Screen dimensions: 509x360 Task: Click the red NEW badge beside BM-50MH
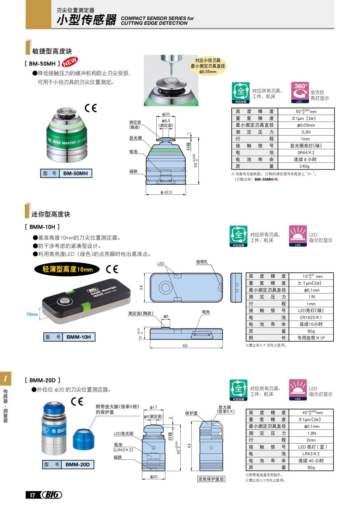[70, 62]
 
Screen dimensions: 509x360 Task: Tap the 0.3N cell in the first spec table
[306, 132]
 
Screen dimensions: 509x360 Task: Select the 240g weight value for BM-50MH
[304, 166]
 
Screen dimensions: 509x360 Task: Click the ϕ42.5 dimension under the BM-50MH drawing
[166, 192]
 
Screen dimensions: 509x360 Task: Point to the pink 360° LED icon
[300, 92]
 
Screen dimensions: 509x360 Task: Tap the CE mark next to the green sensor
[91, 108]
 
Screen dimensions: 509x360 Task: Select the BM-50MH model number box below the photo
[75, 173]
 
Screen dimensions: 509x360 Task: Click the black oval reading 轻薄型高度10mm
[67, 269]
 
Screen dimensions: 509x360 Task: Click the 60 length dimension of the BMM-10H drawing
[185, 346]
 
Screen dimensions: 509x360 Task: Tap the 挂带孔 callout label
[202, 262]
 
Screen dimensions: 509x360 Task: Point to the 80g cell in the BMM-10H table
[311, 331]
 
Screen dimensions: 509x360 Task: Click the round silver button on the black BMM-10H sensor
[64, 301]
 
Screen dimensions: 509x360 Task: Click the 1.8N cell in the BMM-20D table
[311, 433]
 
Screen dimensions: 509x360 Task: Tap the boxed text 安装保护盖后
[211, 479]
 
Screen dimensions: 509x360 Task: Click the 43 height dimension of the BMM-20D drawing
[189, 446]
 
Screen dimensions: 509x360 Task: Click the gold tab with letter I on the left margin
[5, 379]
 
